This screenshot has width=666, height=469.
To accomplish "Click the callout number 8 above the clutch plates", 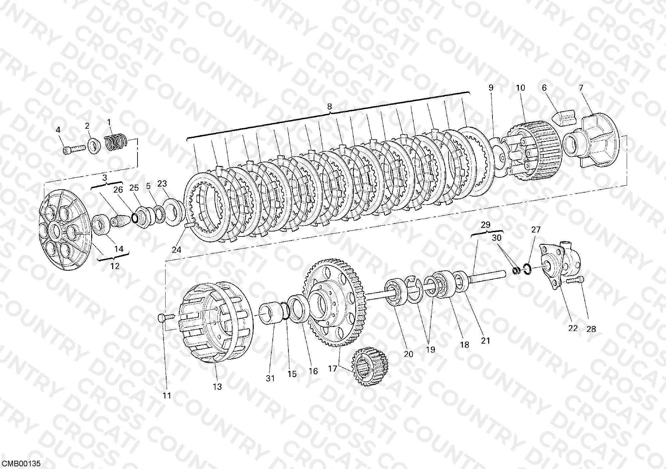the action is click(329, 107).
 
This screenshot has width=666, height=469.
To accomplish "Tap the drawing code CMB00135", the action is click(21, 464).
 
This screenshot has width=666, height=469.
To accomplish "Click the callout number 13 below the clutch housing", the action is click(217, 387).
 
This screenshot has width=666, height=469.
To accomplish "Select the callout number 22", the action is click(573, 328).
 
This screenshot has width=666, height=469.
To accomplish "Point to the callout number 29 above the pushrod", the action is click(486, 225).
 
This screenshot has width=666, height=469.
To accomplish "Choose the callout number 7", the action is click(581, 88).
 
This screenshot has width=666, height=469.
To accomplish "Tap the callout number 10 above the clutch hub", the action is click(520, 88).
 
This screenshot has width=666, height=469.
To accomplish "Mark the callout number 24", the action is click(176, 249).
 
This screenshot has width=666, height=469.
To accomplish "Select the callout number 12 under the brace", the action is click(115, 266).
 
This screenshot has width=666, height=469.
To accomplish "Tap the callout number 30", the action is click(497, 238).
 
